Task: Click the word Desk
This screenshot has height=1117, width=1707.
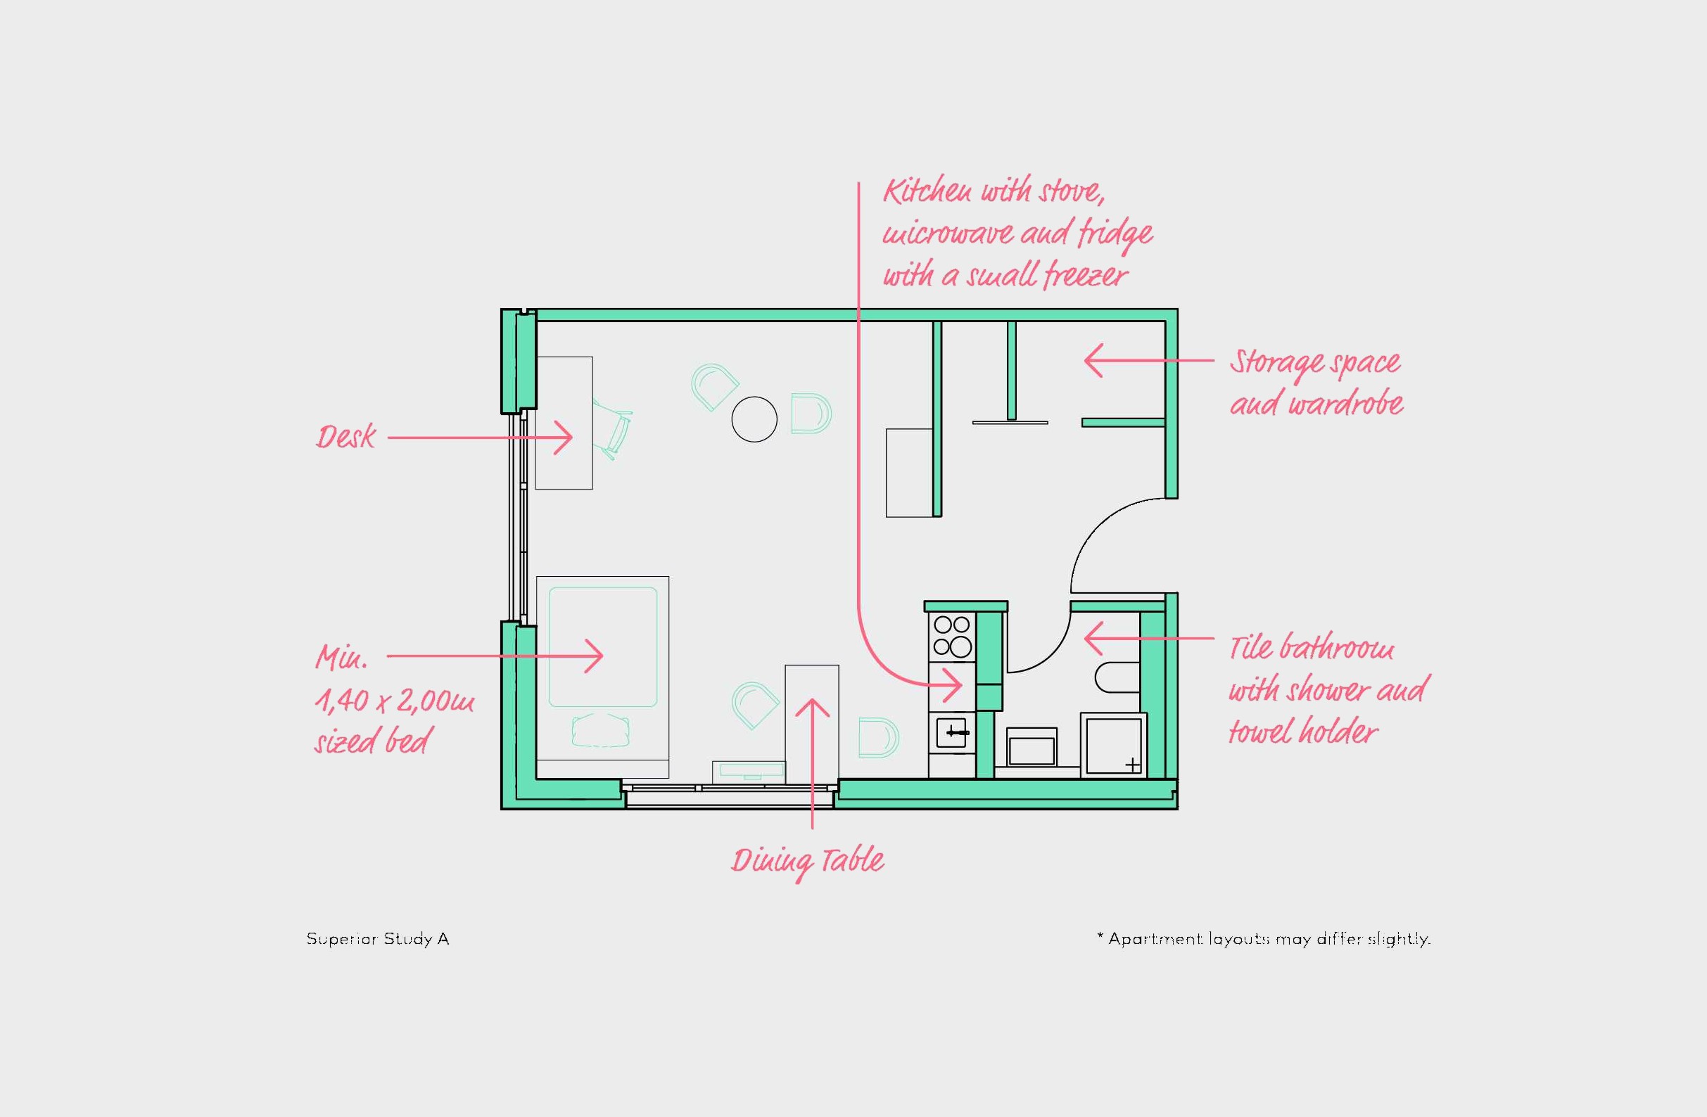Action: [345, 437]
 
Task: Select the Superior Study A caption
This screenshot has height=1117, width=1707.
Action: [377, 939]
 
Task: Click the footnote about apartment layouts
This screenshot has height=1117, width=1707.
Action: [1264, 938]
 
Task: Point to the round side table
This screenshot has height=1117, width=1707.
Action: [754, 419]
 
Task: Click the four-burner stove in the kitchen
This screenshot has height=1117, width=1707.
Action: [952, 637]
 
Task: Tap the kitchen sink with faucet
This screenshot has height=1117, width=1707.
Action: [952, 733]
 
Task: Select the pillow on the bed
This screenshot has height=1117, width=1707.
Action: [601, 730]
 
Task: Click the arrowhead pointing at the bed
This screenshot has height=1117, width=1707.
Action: [594, 656]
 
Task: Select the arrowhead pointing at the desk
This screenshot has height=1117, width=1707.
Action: [564, 438]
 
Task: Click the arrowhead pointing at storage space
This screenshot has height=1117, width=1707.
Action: [1093, 361]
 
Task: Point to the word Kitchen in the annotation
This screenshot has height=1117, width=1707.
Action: [927, 191]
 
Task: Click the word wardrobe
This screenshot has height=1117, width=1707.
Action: [1345, 404]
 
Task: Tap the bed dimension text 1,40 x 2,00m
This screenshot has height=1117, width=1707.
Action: [394, 701]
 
